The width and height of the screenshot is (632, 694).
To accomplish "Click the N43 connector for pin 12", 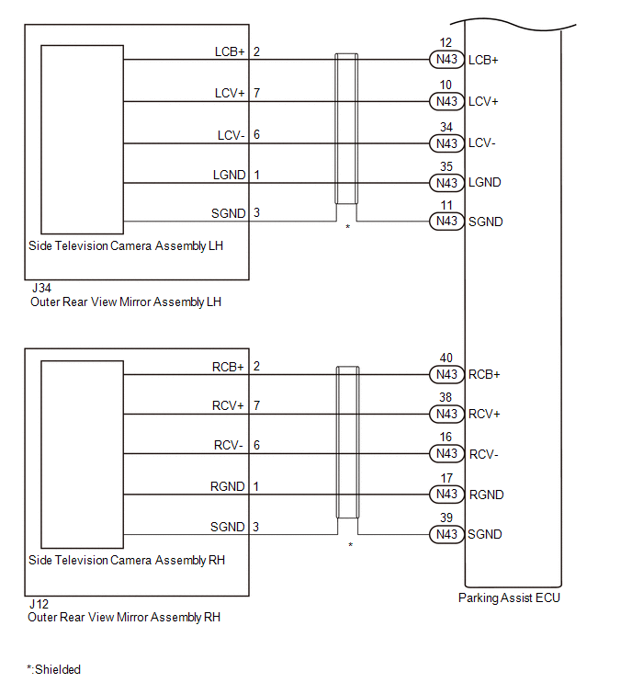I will click(x=446, y=61).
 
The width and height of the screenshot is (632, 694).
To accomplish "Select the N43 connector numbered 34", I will click(x=446, y=143).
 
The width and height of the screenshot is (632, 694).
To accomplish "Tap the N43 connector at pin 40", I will click(x=446, y=375).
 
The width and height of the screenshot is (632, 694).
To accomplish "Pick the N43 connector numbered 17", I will click(x=446, y=495).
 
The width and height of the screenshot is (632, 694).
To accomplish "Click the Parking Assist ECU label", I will click(x=509, y=598).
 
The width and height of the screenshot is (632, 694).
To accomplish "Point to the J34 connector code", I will click(x=39, y=288).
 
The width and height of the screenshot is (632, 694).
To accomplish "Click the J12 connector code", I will click(x=39, y=604).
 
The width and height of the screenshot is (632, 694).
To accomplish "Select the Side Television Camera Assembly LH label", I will click(x=127, y=246).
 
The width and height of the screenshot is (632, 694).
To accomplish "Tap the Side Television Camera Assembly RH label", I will click(x=127, y=561).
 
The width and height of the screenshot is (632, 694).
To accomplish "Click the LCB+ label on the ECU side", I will click(x=483, y=61).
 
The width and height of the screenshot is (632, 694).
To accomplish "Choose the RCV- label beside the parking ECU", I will click(x=483, y=454).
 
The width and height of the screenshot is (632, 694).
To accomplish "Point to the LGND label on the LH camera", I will click(x=229, y=175).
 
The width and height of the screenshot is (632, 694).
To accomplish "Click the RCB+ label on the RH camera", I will click(x=228, y=367).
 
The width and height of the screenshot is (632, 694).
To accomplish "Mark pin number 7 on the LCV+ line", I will click(x=256, y=94).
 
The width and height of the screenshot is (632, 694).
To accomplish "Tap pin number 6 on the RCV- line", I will click(x=256, y=446).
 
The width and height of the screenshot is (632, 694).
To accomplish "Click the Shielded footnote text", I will click(x=54, y=670).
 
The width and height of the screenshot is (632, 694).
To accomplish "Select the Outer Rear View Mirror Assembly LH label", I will click(x=126, y=301).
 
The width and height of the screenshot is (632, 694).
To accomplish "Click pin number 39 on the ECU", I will click(x=446, y=518).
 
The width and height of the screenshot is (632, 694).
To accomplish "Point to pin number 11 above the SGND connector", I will click(x=446, y=206).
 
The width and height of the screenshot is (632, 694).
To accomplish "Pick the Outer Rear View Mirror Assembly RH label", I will click(x=126, y=618).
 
